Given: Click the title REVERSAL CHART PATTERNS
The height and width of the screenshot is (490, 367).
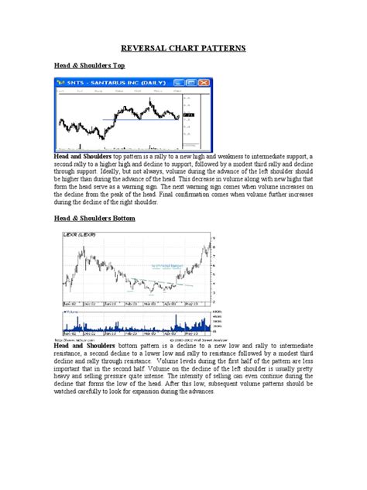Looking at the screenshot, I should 183,48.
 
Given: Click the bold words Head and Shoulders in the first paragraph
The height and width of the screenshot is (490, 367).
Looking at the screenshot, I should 82,156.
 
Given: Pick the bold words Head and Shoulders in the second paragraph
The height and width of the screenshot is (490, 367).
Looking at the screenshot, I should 84,343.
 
